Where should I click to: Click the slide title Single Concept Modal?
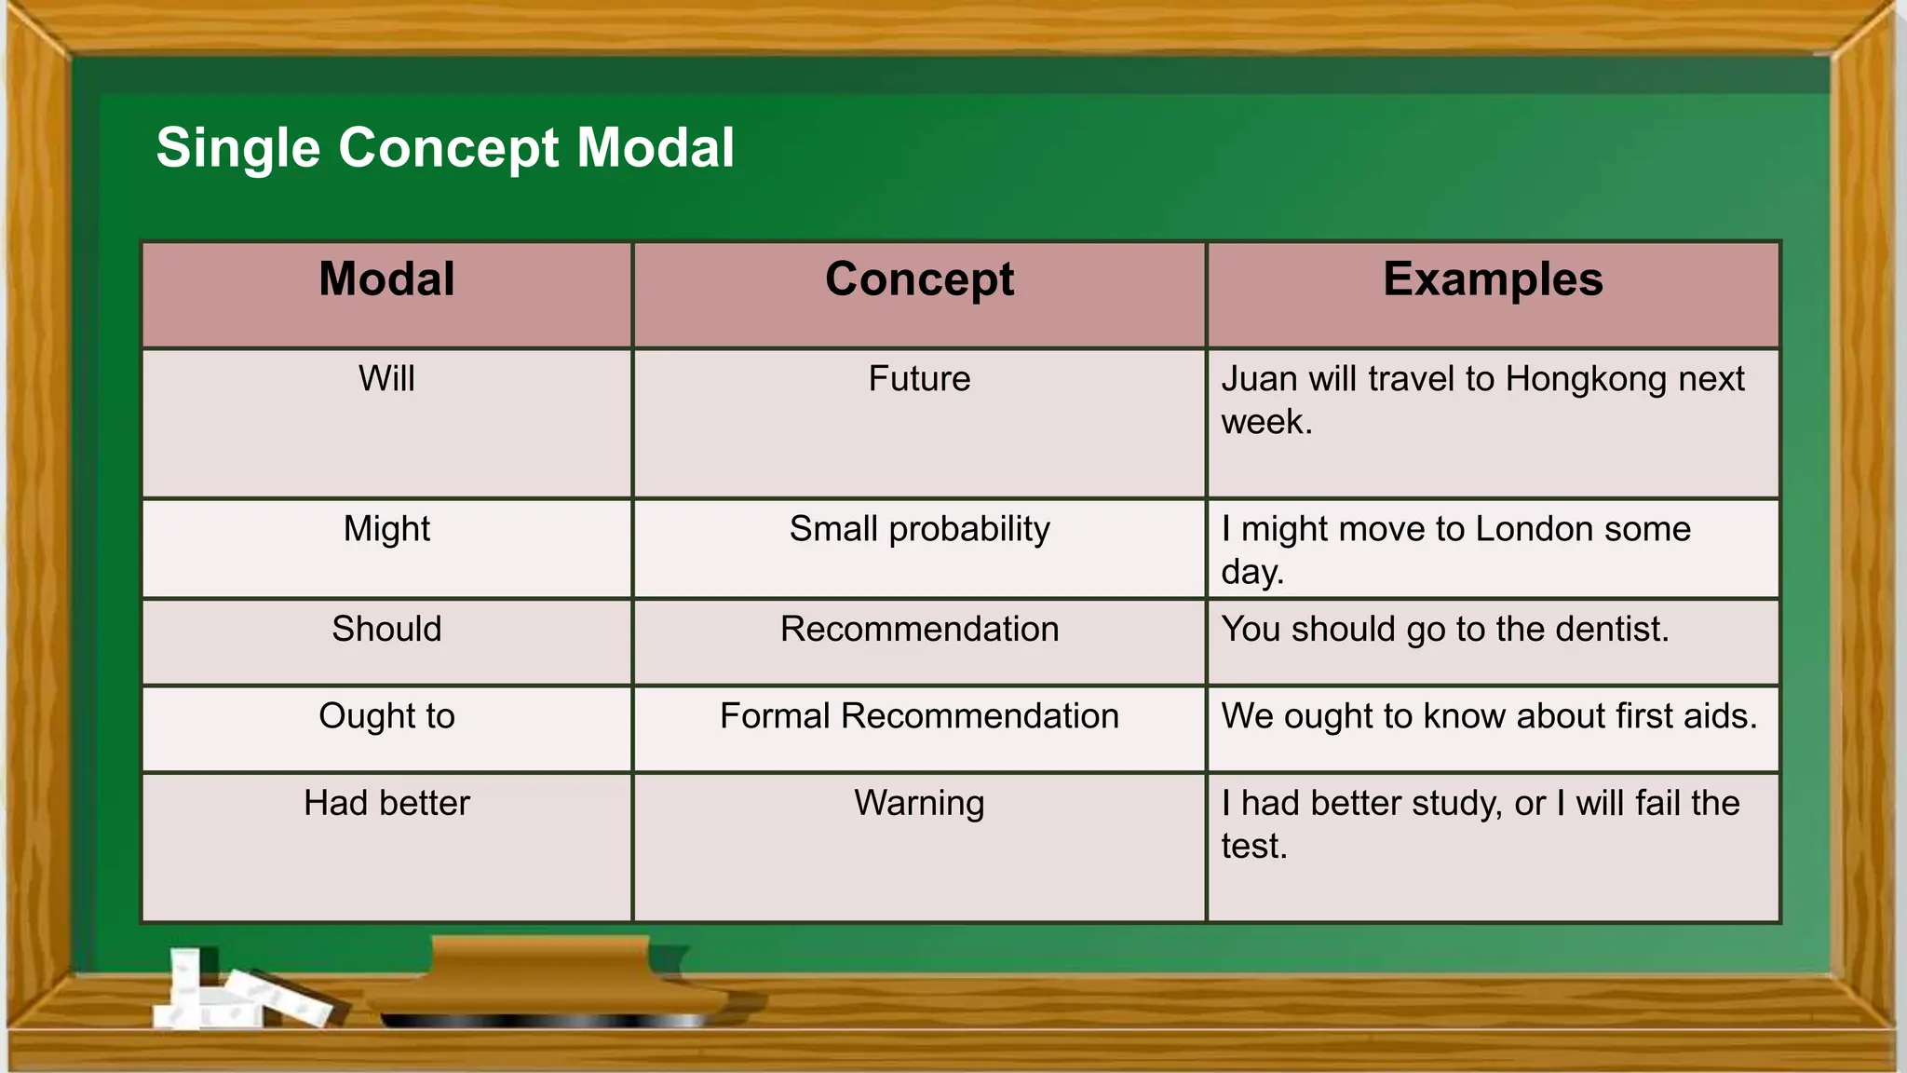coord(445,148)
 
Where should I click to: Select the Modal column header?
coord(386,279)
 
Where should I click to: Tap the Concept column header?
coord(919,279)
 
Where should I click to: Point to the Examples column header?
coord(1493,279)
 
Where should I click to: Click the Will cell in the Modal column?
coord(386,379)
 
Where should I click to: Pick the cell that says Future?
coord(919,379)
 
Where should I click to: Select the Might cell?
coord(386,529)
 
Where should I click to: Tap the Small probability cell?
coord(919,529)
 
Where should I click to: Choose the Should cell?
coord(386,630)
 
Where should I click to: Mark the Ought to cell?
coord(386,716)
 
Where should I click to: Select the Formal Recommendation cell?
coord(919,716)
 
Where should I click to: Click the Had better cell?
coord(386,803)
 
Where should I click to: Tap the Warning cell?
coord(919,803)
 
